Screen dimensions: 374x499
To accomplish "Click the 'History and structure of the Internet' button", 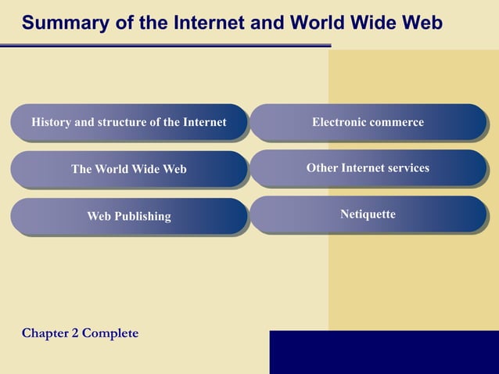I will [x=128, y=123].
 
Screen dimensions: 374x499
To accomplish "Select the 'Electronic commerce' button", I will [x=368, y=123].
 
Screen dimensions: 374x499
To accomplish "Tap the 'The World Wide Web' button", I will [x=128, y=169].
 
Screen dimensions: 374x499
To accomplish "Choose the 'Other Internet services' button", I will [x=368, y=168].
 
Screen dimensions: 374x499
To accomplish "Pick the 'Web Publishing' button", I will [x=128, y=216].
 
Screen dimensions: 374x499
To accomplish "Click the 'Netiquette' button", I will [x=368, y=214].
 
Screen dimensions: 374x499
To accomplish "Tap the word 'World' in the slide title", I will [x=318, y=23].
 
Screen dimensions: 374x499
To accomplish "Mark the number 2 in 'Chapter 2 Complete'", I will [x=75, y=333].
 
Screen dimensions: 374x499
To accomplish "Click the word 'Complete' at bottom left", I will [x=110, y=333].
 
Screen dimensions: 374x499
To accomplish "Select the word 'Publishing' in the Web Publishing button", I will [x=142, y=216].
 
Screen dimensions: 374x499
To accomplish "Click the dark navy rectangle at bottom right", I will [x=384, y=352].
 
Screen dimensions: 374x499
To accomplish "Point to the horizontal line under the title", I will [x=164, y=45].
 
